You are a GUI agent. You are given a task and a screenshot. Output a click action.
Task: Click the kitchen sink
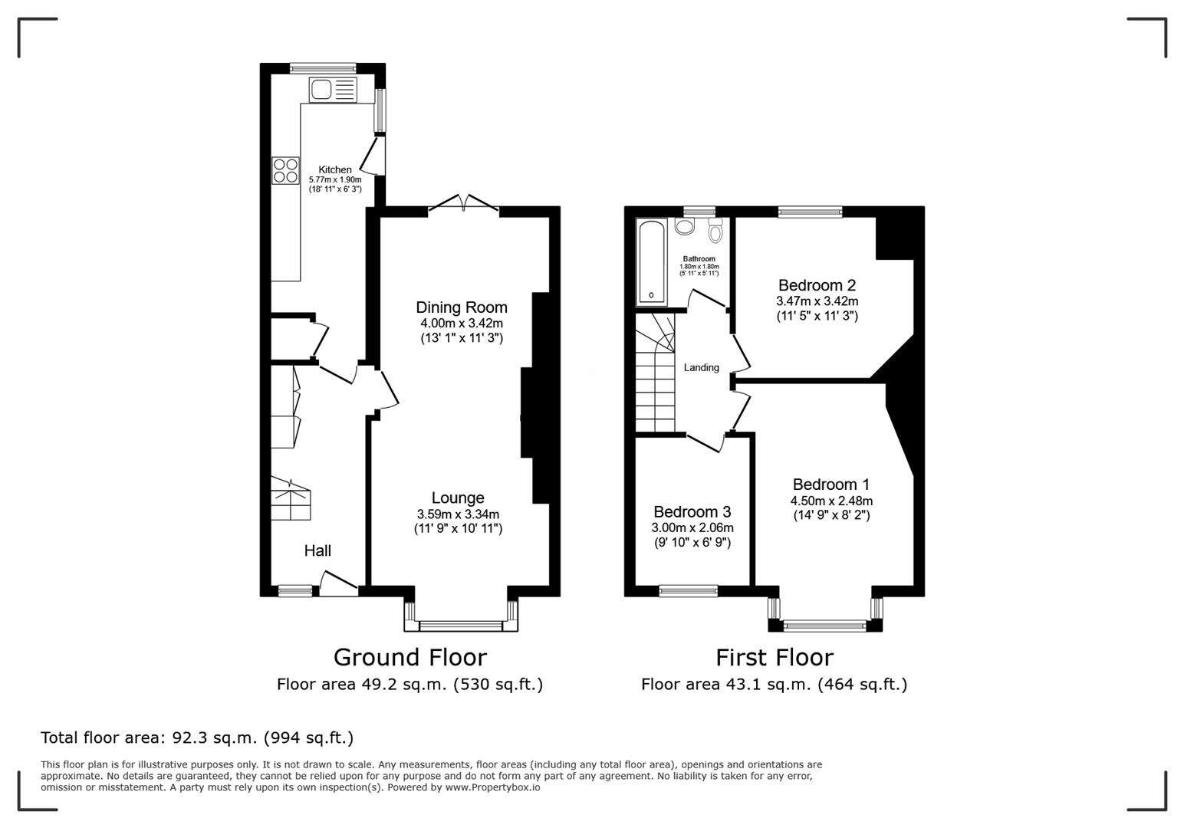333,89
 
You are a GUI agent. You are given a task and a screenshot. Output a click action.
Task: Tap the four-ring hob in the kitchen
285,171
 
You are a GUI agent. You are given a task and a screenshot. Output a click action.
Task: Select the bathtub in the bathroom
651,262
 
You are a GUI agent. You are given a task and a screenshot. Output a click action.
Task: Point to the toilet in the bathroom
715,230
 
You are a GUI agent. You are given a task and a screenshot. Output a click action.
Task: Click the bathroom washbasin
685,227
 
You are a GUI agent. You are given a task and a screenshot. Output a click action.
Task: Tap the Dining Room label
462,307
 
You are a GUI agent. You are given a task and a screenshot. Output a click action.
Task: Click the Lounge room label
458,498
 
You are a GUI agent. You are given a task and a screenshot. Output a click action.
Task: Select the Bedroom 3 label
692,511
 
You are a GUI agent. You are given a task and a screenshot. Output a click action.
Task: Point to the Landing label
702,367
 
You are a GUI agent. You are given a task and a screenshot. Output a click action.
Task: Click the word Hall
317,550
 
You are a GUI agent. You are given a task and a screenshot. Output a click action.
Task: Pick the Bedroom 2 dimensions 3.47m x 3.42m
817,301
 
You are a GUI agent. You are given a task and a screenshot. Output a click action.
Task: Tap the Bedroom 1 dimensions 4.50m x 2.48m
831,501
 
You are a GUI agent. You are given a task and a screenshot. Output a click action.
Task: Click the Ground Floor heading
410,657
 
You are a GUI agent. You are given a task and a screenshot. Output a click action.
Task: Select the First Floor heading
775,657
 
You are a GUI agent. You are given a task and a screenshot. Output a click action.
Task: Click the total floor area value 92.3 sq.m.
215,737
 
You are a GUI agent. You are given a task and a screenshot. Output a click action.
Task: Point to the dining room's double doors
464,205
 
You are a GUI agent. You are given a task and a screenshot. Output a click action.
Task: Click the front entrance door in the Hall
339,584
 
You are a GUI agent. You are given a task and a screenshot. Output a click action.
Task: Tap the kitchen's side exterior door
373,156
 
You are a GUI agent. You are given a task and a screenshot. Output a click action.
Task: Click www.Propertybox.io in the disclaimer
492,787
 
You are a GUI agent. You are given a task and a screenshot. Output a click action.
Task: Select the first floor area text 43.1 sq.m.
766,685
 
